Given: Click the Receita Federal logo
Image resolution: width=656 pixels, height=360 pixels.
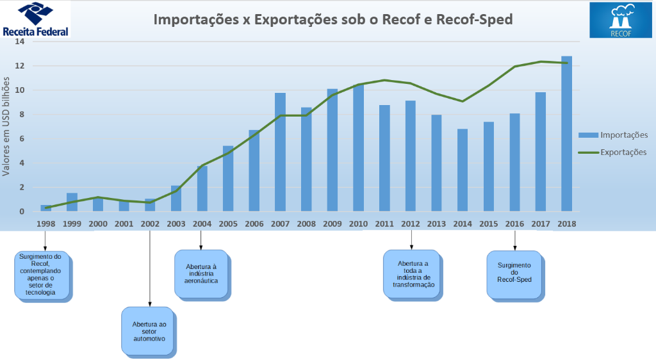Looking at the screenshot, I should point(35,19).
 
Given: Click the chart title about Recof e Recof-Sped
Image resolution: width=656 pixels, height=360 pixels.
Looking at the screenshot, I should point(333,19).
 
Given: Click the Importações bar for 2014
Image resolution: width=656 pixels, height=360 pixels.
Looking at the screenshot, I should point(463,170).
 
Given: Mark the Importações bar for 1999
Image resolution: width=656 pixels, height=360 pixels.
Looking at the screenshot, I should point(72,202).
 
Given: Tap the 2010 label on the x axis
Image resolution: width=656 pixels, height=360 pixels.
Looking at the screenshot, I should point(358,224).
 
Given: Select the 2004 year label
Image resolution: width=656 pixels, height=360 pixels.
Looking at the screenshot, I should point(202,224).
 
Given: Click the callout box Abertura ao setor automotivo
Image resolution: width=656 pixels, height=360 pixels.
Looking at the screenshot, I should point(149,331).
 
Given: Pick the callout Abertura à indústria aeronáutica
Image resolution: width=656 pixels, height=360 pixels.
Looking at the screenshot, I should point(202,274).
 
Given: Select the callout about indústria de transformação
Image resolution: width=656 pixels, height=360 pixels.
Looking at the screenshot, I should point(411,274).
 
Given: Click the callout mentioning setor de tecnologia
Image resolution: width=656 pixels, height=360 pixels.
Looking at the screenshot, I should point(44,274).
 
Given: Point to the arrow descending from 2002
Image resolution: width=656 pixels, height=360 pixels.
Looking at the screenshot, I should point(150,269).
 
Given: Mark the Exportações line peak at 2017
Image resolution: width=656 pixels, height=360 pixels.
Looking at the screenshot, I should point(541,61).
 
